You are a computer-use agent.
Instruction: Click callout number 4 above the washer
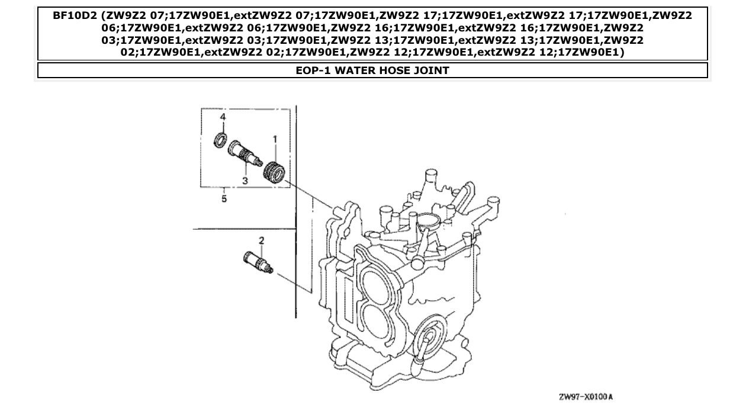click(223, 118)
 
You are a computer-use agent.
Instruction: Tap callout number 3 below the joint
click(245, 180)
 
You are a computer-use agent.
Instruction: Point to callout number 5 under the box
click(224, 199)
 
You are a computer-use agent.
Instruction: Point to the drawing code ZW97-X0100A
click(585, 396)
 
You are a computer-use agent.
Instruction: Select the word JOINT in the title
click(428, 71)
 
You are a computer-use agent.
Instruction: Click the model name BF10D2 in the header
click(76, 16)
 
